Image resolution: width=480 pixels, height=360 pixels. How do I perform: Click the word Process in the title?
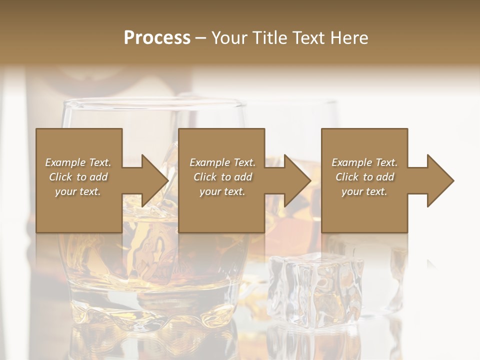point(157,37)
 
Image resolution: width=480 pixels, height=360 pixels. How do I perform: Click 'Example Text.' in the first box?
point(78,162)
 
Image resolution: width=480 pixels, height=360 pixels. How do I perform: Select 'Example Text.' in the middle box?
point(222,162)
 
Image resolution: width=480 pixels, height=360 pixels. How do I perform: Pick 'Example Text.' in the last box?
point(364,162)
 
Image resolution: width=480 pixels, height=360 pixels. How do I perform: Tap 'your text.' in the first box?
point(78,191)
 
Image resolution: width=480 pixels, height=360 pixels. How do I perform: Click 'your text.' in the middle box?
point(222,191)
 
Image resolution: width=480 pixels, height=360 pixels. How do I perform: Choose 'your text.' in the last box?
point(364,191)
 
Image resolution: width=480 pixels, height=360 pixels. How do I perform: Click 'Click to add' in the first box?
point(78,177)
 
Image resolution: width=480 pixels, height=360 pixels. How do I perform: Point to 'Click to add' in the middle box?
point(222,177)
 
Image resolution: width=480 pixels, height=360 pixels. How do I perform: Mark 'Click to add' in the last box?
point(364,177)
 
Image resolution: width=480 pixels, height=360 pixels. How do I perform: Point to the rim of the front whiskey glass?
point(150,103)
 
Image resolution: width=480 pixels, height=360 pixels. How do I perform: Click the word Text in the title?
point(309,37)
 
